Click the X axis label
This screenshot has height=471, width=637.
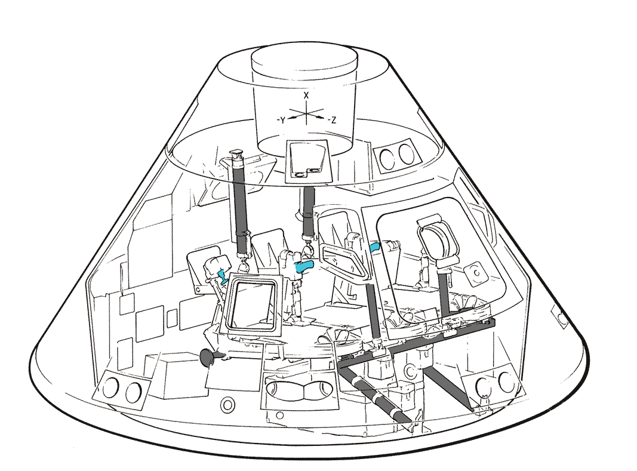click(306, 96)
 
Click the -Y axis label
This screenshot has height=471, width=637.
click(281, 121)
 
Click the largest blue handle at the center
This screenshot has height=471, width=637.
click(304, 267)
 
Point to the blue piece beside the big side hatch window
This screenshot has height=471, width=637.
click(374, 247)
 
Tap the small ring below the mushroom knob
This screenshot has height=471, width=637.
click(227, 404)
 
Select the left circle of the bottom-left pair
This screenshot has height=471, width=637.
click(110, 388)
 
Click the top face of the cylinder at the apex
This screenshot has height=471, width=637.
click(304, 60)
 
